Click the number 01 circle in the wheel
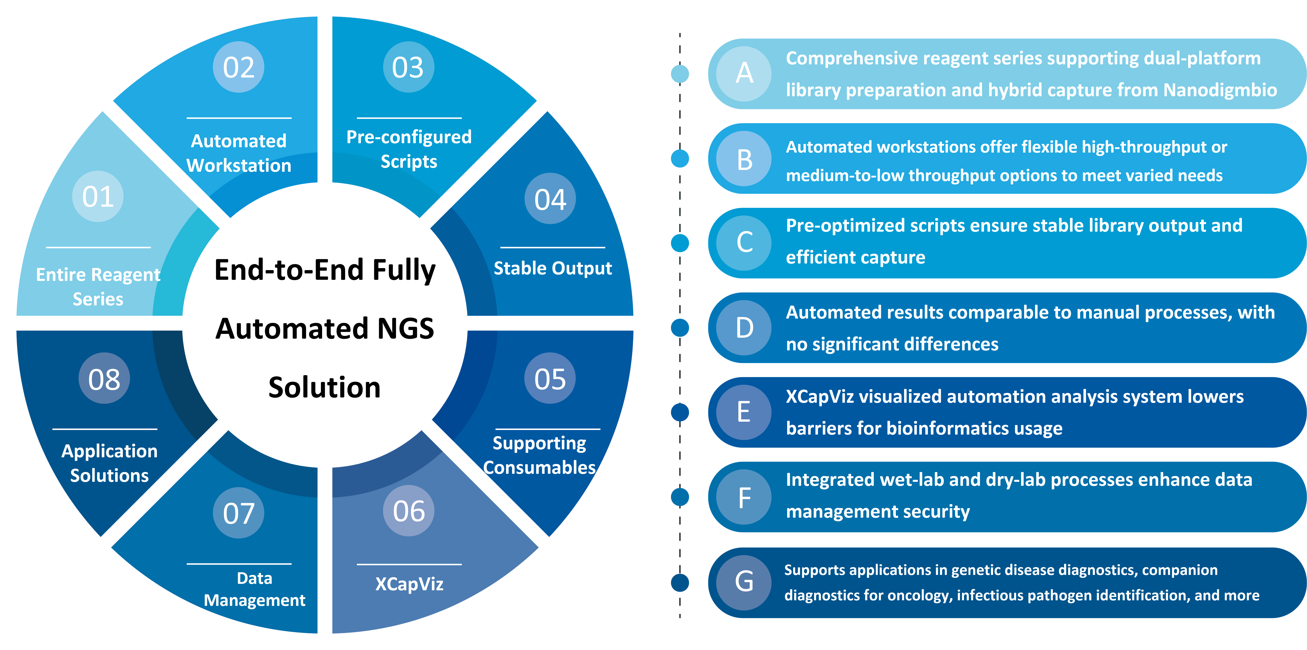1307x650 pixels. coord(98,196)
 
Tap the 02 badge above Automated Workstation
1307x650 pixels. coord(239,67)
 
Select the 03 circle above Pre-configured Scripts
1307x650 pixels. coord(408,67)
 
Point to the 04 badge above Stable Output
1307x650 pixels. coord(550,198)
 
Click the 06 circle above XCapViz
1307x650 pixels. coord(409,511)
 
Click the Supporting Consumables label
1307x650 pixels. coord(539,455)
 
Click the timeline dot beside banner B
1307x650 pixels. coord(680,158)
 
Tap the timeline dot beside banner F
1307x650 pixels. coord(680,497)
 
